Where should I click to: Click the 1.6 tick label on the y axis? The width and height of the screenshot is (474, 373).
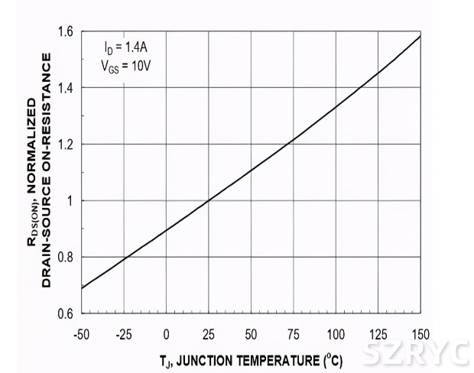click(65, 32)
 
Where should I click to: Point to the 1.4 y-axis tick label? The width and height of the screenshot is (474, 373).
click(65, 88)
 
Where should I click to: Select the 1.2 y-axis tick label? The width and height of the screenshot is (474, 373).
click(65, 144)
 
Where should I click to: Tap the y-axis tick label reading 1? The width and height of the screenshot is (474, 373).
click(70, 201)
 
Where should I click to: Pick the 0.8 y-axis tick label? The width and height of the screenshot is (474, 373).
click(65, 258)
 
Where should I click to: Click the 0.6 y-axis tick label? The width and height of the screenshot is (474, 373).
click(65, 313)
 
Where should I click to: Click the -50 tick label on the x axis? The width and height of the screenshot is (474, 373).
click(81, 335)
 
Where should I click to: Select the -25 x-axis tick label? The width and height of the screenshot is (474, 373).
click(123, 335)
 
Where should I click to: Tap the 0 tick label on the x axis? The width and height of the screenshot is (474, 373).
click(166, 335)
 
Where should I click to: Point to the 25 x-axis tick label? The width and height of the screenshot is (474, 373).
click(209, 335)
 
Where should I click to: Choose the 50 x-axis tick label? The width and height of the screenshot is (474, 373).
click(251, 335)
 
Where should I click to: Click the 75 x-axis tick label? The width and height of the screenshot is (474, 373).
click(294, 335)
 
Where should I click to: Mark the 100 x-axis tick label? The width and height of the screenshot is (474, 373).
click(336, 335)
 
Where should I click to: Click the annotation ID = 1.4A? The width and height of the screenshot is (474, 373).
click(126, 46)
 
